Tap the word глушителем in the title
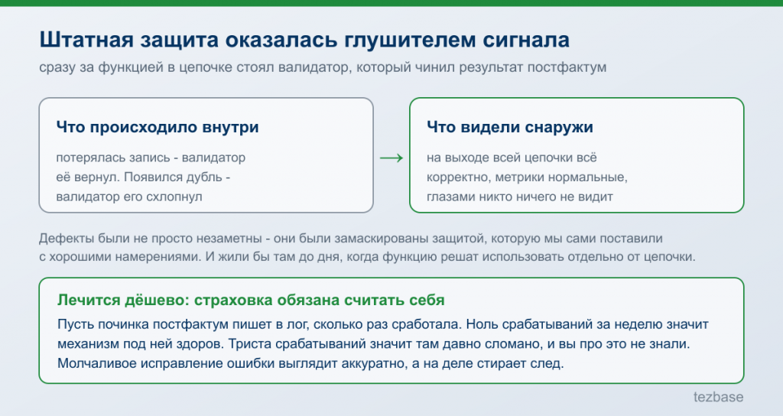[409, 41]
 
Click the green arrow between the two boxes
[391, 158]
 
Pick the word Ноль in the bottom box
[482, 324]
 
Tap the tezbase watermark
[718, 397]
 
